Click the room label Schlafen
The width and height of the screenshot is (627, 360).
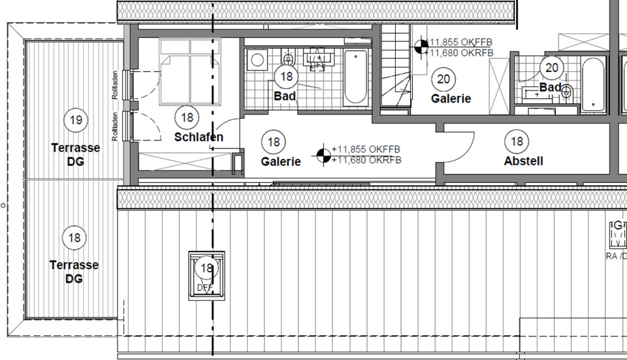(199, 137)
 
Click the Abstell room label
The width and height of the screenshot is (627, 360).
(523, 161)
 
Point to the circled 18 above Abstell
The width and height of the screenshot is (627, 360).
(517, 141)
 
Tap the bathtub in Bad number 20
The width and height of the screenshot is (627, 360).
(593, 84)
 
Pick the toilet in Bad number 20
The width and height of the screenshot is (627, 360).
(566, 93)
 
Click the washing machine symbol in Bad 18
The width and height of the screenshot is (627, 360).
(258, 59)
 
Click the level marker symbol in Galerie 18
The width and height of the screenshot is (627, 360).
(322, 154)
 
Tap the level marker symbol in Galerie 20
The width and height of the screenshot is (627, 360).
(421, 46)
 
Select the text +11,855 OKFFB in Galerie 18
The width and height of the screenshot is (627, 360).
(366, 149)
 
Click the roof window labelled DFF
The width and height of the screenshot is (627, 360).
(206, 275)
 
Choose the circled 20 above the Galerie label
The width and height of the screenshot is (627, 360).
(443, 79)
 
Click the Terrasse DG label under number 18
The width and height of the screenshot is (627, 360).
(74, 272)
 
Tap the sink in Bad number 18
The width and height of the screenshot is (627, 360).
(317, 59)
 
